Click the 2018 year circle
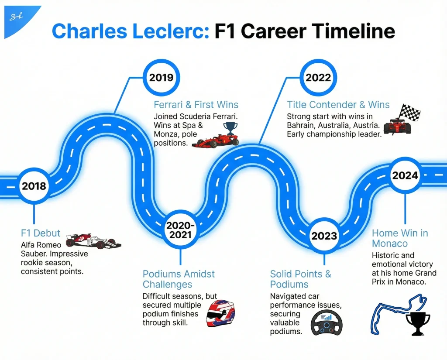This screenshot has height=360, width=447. (x=34, y=186)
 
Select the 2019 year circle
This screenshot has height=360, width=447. (x=161, y=78)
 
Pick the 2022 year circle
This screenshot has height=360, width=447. (x=318, y=78)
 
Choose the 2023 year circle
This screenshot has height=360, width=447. (x=324, y=236)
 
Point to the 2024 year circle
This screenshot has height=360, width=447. (x=405, y=175)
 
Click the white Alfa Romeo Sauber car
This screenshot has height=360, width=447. (x=93, y=241)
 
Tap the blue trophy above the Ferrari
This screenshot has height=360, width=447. (x=230, y=128)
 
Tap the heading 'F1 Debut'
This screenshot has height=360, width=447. (x=41, y=233)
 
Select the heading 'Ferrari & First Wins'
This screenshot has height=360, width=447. (x=196, y=105)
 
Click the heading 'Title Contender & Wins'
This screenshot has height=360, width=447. (x=338, y=105)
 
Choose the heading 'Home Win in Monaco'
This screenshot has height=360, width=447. (x=399, y=238)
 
